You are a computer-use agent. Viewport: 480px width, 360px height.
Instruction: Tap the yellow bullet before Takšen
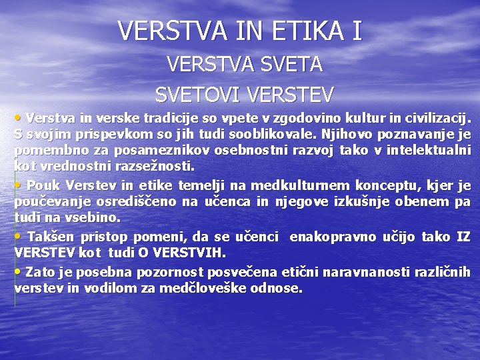click(17, 237)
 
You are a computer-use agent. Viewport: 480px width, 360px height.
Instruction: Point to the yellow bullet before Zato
click(17, 271)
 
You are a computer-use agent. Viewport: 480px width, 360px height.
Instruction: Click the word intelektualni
click(429, 151)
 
